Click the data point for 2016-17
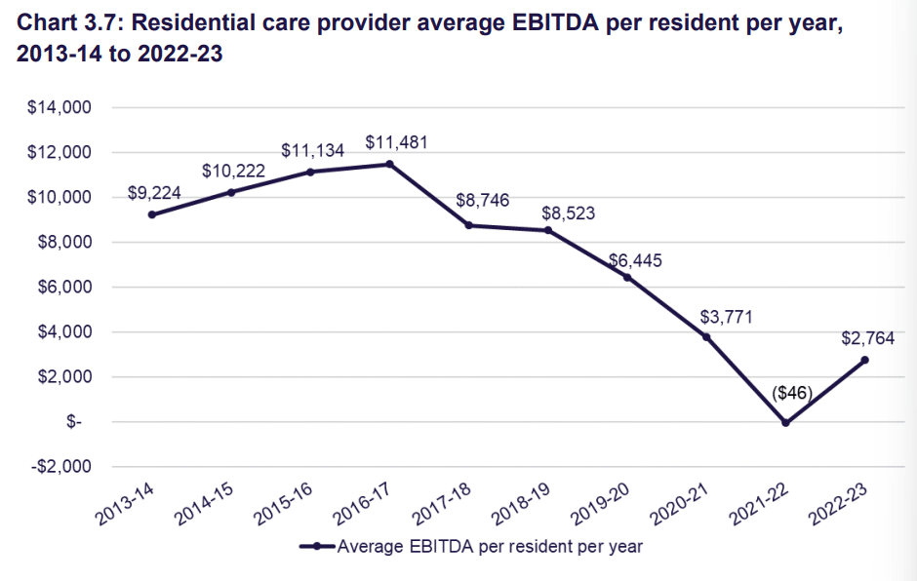click(x=389, y=164)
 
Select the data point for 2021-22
click(x=785, y=423)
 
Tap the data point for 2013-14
click(x=152, y=214)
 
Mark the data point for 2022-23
click(x=864, y=360)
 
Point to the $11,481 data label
click(x=396, y=142)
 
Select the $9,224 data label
click(x=155, y=193)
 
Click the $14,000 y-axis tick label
click(x=60, y=108)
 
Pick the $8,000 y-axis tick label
click(x=63, y=243)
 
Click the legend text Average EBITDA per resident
click(x=489, y=547)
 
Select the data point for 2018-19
click(x=548, y=230)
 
